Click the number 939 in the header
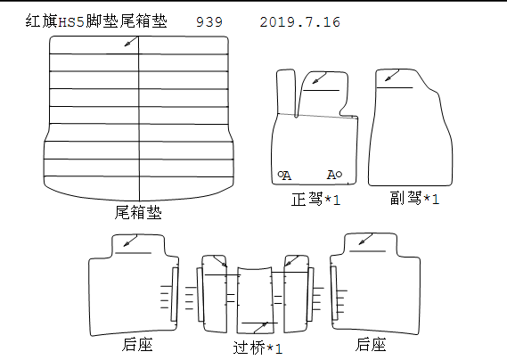209,22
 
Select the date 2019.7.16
299,22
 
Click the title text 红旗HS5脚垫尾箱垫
96,21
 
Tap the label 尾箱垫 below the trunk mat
138,212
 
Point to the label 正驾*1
315,199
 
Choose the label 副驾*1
414,198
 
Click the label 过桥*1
258,348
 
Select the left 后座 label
137,344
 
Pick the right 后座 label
371,344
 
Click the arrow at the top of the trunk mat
131,42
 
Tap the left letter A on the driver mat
287,176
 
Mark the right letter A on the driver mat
331,175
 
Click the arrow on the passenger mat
392,76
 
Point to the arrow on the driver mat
319,78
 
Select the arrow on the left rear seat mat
130,241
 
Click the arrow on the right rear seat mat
365,240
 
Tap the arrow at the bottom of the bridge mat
261,327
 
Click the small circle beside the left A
281,174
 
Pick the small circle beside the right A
339,175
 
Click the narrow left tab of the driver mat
286,92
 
